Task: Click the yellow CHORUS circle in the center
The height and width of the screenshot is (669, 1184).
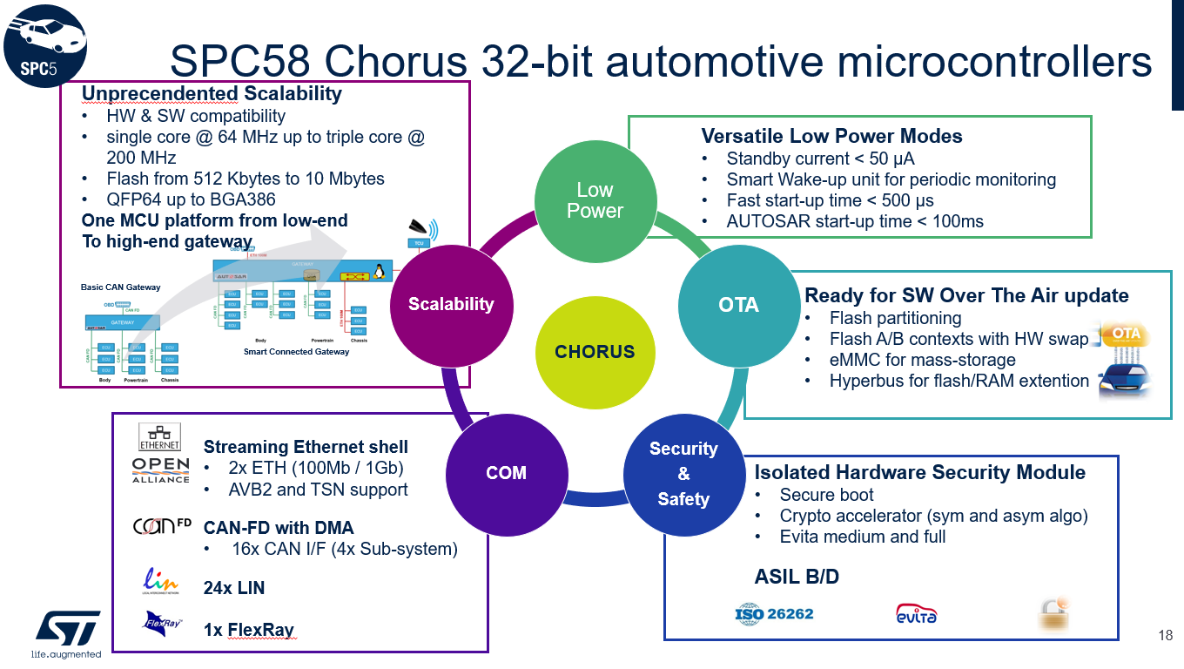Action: (x=595, y=352)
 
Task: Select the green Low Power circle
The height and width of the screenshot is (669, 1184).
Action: (x=595, y=200)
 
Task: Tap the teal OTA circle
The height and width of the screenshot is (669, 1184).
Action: (x=738, y=305)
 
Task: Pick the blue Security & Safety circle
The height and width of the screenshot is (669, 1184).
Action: (x=683, y=474)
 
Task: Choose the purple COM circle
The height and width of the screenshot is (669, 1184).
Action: (x=506, y=473)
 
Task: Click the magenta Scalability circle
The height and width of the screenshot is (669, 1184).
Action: (x=451, y=304)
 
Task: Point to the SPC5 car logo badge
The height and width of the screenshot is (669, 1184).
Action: (x=44, y=44)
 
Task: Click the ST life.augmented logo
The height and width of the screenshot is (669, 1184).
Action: (x=66, y=632)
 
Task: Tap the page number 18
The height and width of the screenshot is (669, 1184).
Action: (x=1166, y=635)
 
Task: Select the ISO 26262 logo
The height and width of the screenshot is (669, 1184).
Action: (x=774, y=614)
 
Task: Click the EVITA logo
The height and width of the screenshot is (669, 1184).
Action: (x=916, y=614)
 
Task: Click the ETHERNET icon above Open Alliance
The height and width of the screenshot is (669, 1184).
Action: (x=159, y=436)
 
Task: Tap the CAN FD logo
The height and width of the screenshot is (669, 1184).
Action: (x=161, y=527)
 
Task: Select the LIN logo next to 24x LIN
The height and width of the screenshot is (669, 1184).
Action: (x=161, y=582)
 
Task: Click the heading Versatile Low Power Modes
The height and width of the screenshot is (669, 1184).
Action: (x=831, y=136)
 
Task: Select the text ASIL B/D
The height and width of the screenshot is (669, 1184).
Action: (x=797, y=576)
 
